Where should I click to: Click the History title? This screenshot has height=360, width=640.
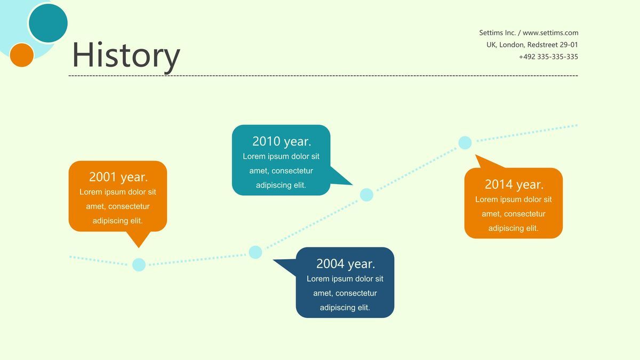(126, 55)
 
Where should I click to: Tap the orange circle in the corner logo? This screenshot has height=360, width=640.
(22, 55)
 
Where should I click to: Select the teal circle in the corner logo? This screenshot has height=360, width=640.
(49, 23)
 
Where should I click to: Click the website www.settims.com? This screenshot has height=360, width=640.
(550, 33)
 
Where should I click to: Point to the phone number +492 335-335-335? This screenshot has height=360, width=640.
(548, 57)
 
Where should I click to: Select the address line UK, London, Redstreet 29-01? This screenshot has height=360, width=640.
(532, 45)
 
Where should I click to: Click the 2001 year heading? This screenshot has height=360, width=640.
(118, 177)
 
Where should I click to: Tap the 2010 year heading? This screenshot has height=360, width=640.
(282, 141)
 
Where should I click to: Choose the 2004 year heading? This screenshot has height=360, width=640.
(346, 263)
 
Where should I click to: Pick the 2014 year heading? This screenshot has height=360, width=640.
(514, 185)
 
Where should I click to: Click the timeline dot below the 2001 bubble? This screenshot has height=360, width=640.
(139, 265)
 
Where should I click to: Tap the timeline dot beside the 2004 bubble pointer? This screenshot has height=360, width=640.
(255, 252)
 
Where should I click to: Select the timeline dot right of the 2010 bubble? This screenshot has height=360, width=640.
(366, 195)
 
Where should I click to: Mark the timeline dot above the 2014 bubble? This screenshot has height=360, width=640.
(465, 142)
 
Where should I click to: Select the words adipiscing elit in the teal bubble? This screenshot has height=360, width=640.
(281, 185)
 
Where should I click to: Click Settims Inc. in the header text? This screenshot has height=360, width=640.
(498, 33)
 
